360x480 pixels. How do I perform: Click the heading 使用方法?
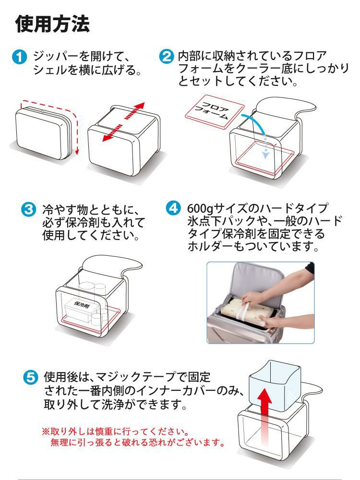[53, 24]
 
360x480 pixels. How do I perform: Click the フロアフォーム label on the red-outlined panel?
[214, 112]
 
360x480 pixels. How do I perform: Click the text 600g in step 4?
[198, 209]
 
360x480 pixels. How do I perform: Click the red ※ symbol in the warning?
[46, 430]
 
